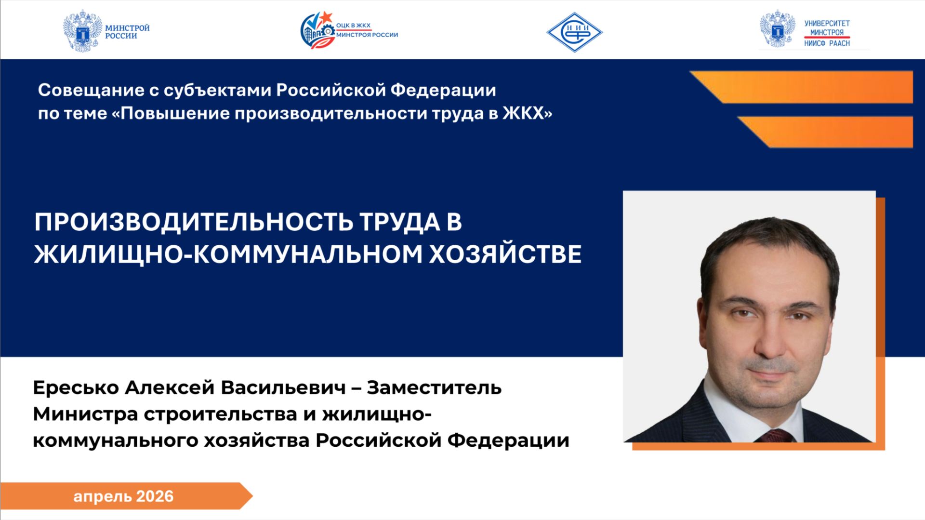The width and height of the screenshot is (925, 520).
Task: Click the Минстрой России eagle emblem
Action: pos(83,31)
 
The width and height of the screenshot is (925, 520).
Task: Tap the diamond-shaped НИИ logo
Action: pos(574,32)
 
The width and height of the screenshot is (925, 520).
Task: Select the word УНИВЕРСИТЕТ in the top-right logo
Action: pos(827,23)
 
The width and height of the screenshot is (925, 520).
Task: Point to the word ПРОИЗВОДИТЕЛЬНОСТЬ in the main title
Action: pos(193,222)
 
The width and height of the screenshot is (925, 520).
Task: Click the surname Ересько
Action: pos(76,387)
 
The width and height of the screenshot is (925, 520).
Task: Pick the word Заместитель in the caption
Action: pos(434,387)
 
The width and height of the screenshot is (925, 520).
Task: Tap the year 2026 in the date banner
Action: pos(155,496)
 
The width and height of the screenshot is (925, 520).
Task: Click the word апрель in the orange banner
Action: pos(102,497)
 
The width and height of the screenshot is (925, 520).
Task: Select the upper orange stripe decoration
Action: pos(809,87)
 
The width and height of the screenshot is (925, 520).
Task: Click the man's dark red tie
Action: pos(775,436)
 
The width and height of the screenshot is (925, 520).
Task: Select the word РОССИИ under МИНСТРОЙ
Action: pos(121,36)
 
